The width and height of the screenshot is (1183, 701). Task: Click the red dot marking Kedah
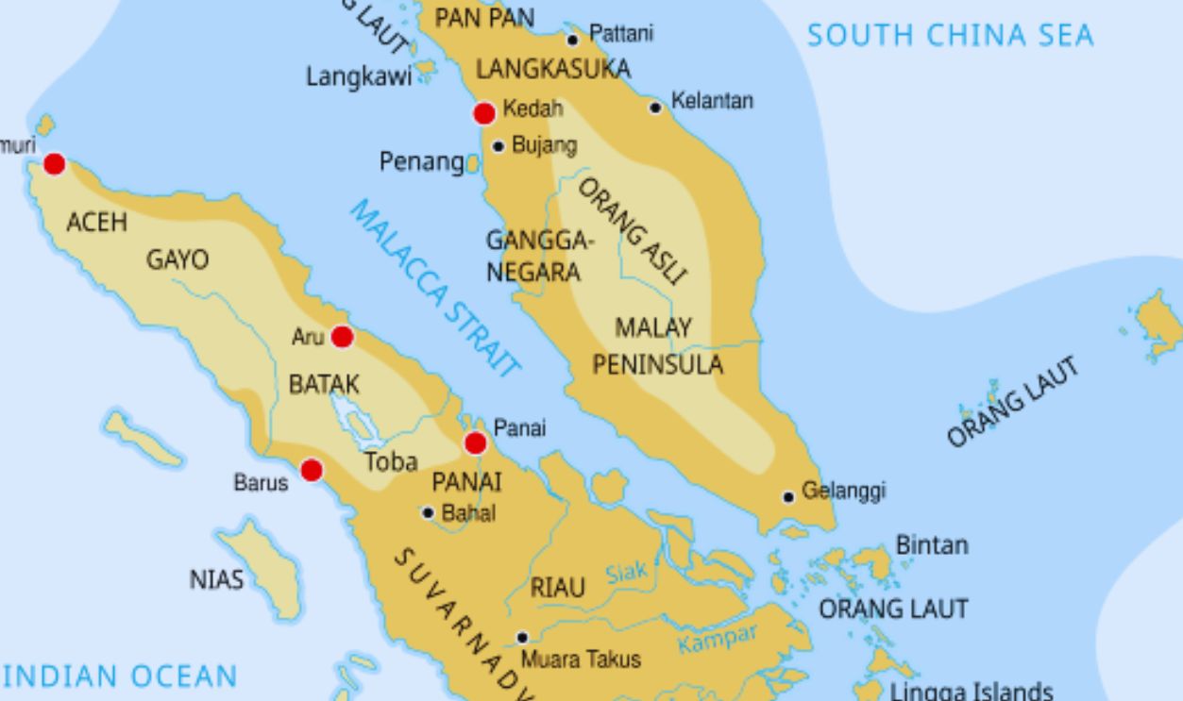click(x=484, y=113)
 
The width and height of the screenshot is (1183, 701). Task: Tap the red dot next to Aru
click(x=342, y=337)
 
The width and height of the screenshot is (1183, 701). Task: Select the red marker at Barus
click(x=311, y=470)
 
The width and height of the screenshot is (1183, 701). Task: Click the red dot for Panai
click(x=476, y=443)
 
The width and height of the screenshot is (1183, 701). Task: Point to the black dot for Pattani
click(x=572, y=40)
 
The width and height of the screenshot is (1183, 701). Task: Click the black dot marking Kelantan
click(x=655, y=108)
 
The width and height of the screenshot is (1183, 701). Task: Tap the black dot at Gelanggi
click(x=788, y=497)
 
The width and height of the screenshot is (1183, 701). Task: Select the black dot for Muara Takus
click(x=521, y=638)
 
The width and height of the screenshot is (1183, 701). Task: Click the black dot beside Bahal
click(x=428, y=513)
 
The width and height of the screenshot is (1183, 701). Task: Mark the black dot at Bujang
click(x=499, y=146)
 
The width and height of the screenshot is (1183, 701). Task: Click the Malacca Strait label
click(x=435, y=288)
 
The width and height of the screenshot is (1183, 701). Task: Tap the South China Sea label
click(x=949, y=36)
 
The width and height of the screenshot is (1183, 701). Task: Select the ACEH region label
click(x=96, y=223)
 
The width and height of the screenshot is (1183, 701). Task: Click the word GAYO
click(x=177, y=259)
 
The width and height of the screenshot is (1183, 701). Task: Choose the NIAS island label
click(x=216, y=579)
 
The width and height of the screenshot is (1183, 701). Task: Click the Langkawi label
click(x=359, y=77)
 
